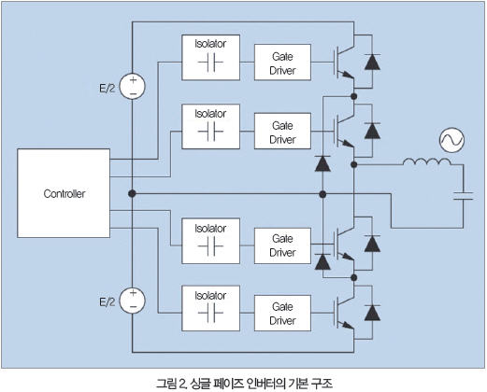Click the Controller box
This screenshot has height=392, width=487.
click(x=64, y=193)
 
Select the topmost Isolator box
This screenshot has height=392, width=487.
click(x=210, y=58)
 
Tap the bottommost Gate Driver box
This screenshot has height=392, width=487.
click(x=282, y=313)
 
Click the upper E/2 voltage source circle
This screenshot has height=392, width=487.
click(x=133, y=87)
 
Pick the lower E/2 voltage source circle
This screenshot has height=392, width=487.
click(x=133, y=301)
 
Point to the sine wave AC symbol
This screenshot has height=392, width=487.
click(x=451, y=140)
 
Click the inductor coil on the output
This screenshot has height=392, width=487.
click(x=427, y=161)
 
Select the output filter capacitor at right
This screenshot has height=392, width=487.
click(x=463, y=196)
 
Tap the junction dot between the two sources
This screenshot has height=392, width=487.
click(x=132, y=193)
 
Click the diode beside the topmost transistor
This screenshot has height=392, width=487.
click(x=372, y=62)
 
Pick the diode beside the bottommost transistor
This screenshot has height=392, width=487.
click(x=372, y=313)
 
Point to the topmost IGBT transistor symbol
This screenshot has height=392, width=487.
click(x=344, y=63)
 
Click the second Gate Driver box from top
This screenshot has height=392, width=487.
click(x=282, y=131)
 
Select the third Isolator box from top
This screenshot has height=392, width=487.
click(x=210, y=241)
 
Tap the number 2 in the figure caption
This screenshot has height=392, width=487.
click(x=182, y=384)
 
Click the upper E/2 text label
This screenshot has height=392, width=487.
click(x=107, y=89)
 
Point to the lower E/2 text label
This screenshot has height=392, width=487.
click(x=107, y=302)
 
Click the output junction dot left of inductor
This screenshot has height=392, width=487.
click(x=353, y=164)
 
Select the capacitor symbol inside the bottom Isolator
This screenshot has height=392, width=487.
click(x=210, y=312)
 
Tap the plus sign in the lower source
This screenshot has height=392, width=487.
click(x=133, y=293)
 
